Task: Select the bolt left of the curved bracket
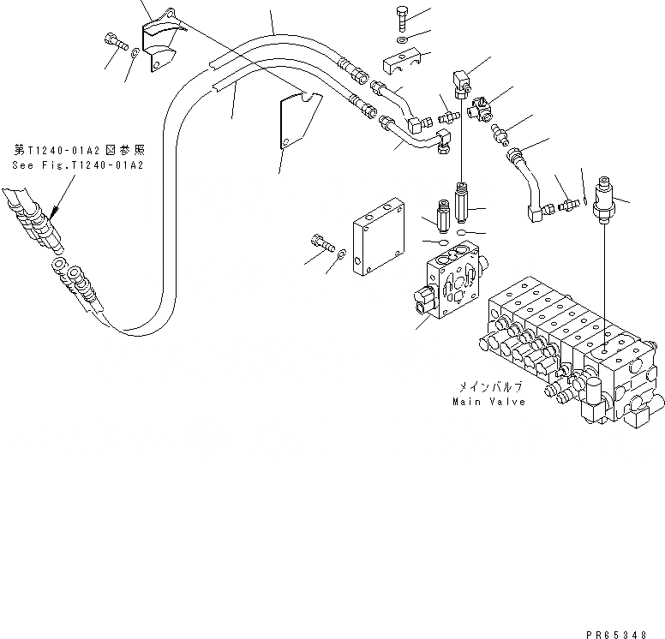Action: pyautogui.click(x=115, y=39)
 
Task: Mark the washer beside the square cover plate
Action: pyautogui.click(x=341, y=254)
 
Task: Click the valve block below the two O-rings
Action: pyautogui.click(x=451, y=284)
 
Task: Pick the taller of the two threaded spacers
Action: pyautogui.click(x=464, y=206)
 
